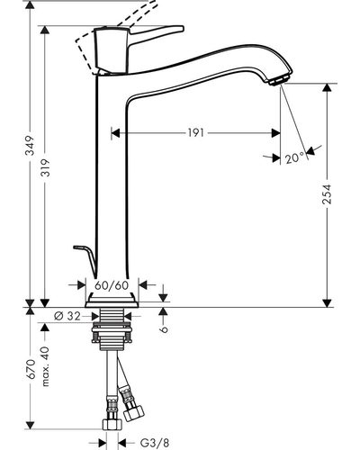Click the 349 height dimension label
30,146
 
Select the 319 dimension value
46,167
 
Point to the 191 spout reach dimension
196,132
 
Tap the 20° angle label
294,157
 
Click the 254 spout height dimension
328,194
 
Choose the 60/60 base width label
112,285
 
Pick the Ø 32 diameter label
67,316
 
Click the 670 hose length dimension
30,369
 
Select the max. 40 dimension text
45,366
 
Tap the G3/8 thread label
155,442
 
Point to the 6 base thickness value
164,329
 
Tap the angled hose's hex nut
134,414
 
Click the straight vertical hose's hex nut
112,425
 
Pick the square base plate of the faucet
112,301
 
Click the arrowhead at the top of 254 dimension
328,88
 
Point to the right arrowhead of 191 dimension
275,133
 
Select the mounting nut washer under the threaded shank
112,330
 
